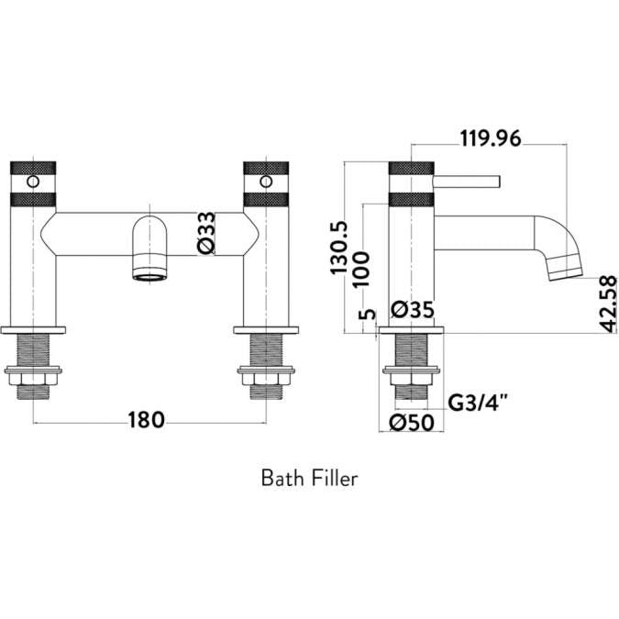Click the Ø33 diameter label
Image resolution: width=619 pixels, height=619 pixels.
click(206, 232)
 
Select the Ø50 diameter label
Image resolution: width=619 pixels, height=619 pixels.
click(410, 423)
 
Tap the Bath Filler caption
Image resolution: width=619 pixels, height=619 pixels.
click(309, 478)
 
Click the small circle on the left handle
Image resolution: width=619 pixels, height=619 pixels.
click(33, 182)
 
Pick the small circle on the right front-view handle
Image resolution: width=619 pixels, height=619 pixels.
click(265, 182)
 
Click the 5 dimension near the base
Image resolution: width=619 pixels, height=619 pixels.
click(367, 315)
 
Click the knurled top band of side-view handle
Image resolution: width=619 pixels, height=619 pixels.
click(410, 170)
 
